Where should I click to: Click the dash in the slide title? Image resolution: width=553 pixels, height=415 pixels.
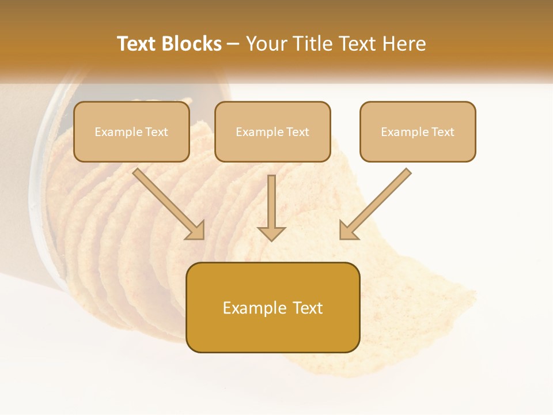(x=233, y=44)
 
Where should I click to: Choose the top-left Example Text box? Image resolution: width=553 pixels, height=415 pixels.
(x=131, y=131)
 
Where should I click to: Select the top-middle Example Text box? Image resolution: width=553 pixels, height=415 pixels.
(x=272, y=131)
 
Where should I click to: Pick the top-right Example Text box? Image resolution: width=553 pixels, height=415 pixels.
(x=418, y=131)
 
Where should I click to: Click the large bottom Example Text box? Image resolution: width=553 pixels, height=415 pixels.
(x=272, y=307)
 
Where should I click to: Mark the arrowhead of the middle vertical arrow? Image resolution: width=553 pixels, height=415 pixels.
(x=271, y=233)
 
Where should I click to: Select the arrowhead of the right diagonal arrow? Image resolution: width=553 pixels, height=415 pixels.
(x=347, y=231)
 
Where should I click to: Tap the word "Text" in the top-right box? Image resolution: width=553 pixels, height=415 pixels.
(x=442, y=131)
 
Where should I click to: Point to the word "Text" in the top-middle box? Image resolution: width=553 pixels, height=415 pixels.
(x=297, y=131)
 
